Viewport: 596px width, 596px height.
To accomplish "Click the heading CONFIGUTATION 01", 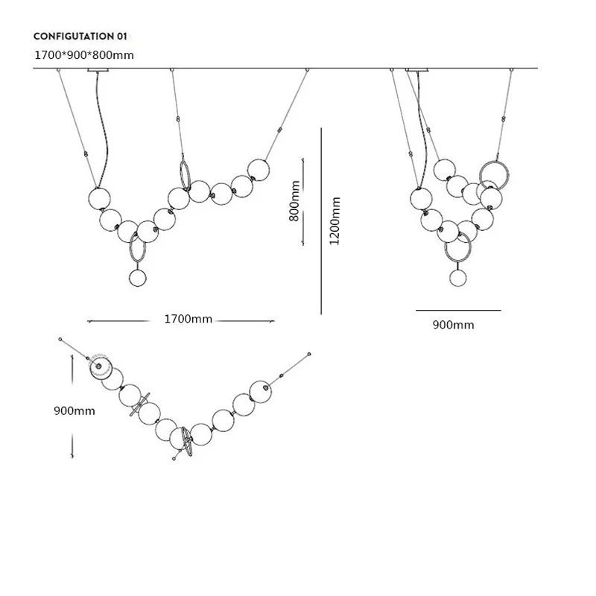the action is [80, 37].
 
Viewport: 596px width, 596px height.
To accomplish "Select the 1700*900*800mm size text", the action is [84, 55].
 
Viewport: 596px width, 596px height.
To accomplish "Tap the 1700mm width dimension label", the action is [188, 319].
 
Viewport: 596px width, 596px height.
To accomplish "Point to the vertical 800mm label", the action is [294, 201].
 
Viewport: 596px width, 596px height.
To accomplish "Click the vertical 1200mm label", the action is [335, 221].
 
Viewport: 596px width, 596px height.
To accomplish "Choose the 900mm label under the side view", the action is [453, 325].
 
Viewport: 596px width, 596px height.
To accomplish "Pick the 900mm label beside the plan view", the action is [74, 411].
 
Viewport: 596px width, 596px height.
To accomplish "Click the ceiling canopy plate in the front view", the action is [98, 70].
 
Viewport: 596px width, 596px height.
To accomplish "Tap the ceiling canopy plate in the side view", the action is [417, 70].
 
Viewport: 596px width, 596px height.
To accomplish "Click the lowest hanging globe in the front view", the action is [138, 277].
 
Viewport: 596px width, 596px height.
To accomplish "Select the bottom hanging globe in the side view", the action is [457, 277].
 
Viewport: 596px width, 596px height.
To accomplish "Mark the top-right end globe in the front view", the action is [259, 170].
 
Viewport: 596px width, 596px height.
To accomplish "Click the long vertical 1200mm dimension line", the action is [321, 221].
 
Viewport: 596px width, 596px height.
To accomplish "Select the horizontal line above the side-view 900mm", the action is [458, 310].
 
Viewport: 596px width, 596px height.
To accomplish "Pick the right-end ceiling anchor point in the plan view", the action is [309, 354].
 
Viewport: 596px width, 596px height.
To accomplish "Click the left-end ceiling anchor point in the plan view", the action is [60, 339].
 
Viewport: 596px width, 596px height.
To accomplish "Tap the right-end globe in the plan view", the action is [260, 392].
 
